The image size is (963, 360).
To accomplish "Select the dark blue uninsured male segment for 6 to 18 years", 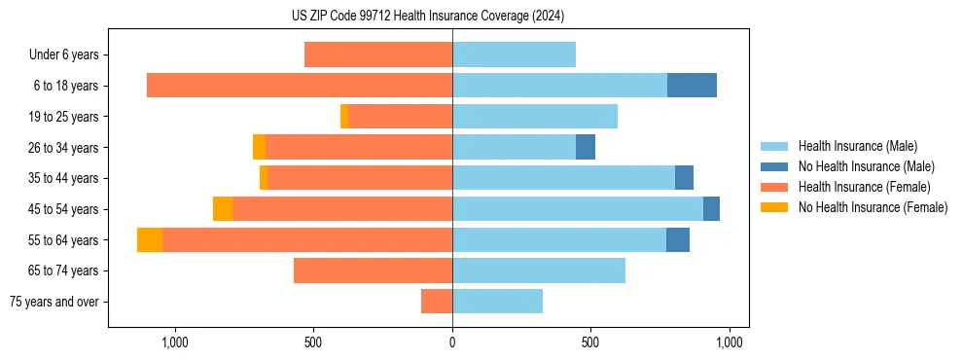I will pyautogui.click(x=692, y=86).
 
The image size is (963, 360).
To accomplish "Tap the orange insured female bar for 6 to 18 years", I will pyautogui.click(x=300, y=86).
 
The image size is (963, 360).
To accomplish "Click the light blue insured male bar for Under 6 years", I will pyautogui.click(x=514, y=54).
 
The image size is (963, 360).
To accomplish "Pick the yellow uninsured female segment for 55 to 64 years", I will pyautogui.click(x=150, y=240).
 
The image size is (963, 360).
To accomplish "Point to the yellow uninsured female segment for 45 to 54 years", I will pyautogui.click(x=223, y=209).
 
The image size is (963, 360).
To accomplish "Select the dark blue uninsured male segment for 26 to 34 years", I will pyautogui.click(x=586, y=147).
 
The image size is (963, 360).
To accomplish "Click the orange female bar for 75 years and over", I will pyautogui.click(x=437, y=302).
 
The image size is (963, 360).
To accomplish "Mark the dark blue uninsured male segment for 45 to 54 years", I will pyautogui.click(x=711, y=209).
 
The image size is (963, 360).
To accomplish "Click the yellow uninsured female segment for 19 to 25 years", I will pyautogui.click(x=344, y=117).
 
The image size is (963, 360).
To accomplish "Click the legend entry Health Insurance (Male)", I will pyautogui.click(x=857, y=146).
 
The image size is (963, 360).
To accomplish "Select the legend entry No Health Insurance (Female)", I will pyautogui.click(x=873, y=207).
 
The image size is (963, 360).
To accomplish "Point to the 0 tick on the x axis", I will pyautogui.click(x=452, y=342).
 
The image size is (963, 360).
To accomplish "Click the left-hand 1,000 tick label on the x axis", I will pyautogui.click(x=175, y=342).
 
